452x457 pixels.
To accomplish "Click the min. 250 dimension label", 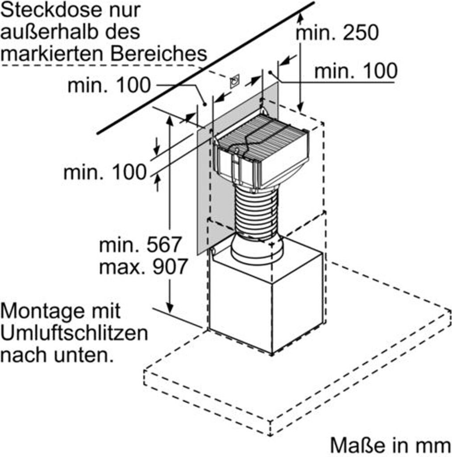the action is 338,32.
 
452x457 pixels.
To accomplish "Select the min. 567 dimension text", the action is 141,245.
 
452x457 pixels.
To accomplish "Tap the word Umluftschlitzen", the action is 74,333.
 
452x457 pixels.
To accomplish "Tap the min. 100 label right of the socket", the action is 356,71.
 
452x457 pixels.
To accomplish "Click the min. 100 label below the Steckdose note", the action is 109,85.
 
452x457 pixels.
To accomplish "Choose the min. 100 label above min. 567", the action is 104,172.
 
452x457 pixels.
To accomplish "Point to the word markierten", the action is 53,54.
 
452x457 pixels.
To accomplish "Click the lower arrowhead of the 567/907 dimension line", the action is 170,308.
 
